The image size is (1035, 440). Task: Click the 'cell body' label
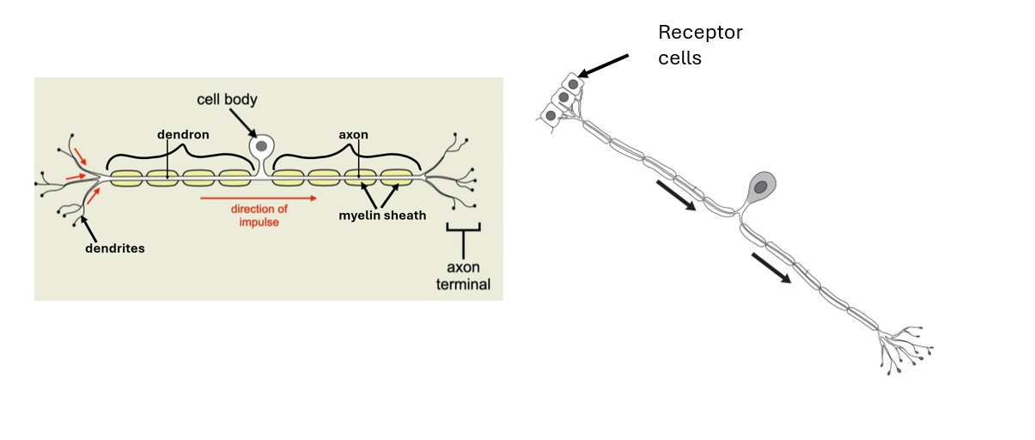point(228,99)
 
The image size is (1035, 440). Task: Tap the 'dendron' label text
point(183,135)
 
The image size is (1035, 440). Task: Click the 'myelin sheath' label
point(382,215)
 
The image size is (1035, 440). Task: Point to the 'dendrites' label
point(114,248)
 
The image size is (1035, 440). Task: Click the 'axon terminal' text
point(464,275)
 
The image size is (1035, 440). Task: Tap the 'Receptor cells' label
point(699,46)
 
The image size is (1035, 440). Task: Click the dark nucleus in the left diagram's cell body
point(261,147)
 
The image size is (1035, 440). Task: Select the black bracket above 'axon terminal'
point(464,229)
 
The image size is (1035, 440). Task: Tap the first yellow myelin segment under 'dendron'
point(125,178)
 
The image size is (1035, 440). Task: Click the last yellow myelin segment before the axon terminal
point(397,178)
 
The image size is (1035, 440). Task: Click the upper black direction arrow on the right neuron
point(676,195)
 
